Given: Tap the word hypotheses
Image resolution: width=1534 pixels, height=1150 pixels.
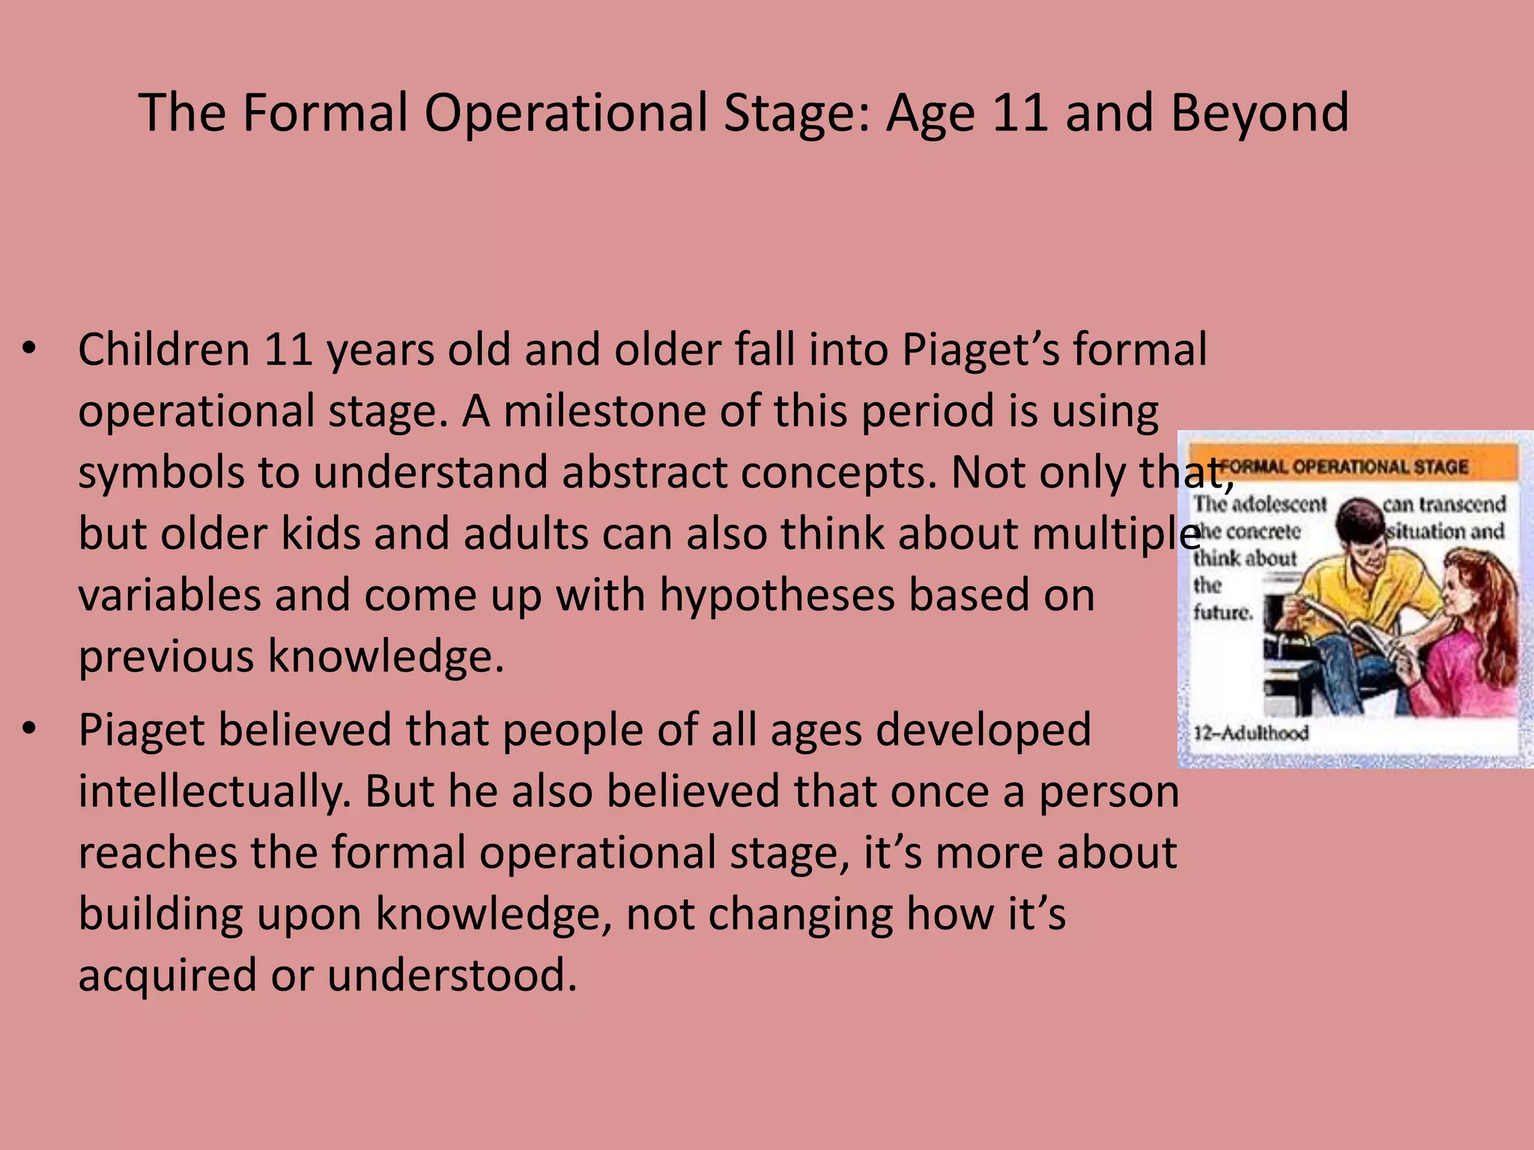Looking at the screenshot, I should click(x=777, y=596).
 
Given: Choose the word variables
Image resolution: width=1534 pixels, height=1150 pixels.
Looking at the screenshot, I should click(x=169, y=596).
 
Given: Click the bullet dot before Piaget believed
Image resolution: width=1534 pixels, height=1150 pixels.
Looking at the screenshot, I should click(x=29, y=729).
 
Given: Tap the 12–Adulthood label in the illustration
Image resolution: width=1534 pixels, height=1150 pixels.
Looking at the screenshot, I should click(x=1251, y=732).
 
